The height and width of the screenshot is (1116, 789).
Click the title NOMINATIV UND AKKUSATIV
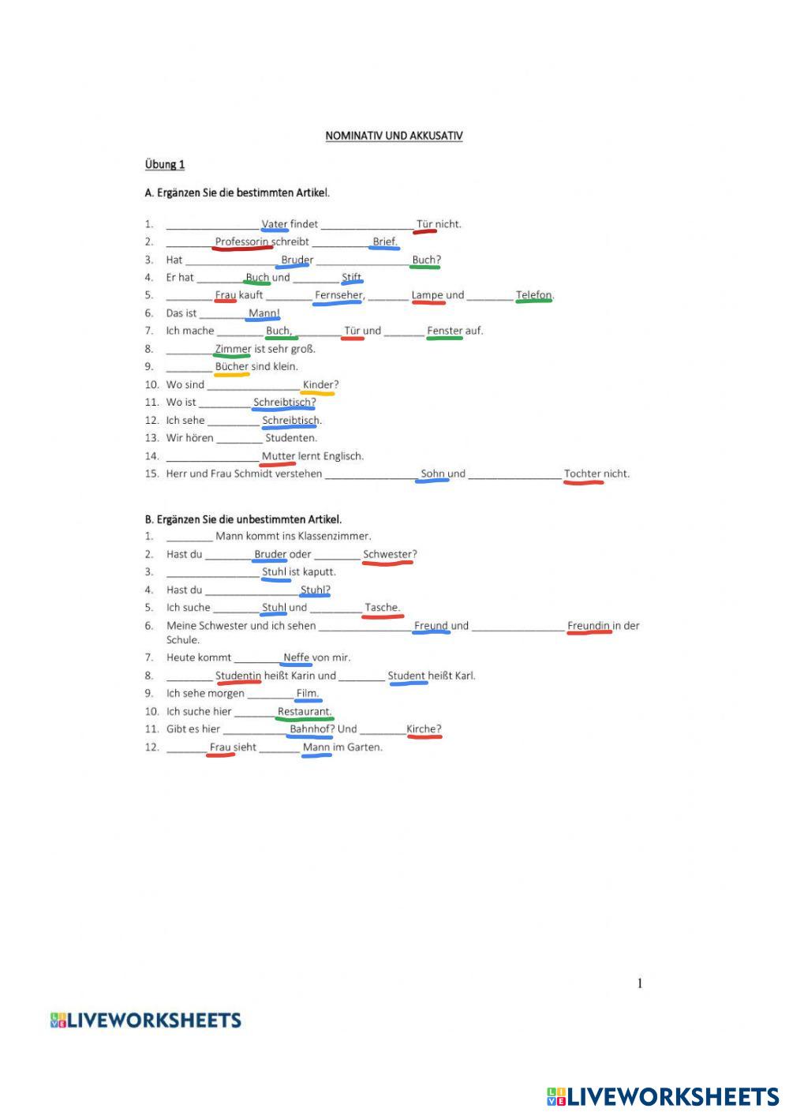[394, 136]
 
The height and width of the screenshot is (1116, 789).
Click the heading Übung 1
[165, 164]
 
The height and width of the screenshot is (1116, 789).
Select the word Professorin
[241, 242]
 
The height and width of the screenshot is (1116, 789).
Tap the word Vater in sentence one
[275, 224]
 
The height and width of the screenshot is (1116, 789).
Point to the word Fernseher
[339, 295]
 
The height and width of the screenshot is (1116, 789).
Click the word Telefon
[534, 295]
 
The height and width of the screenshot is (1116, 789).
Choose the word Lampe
[428, 295]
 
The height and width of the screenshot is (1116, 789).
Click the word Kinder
[318, 384]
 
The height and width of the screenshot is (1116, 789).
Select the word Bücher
[232, 366]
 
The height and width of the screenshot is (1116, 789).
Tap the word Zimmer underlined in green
[233, 349]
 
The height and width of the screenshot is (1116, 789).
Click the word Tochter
[582, 474]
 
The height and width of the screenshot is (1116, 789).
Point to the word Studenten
[291, 438]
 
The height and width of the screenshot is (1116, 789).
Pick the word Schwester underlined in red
[387, 554]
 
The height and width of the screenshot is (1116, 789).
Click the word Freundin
[589, 626]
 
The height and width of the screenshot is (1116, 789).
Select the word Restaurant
[304, 711]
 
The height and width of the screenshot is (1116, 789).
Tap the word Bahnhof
[310, 729]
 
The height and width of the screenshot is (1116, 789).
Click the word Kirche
[423, 729]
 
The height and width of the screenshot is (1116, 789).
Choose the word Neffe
[296, 657]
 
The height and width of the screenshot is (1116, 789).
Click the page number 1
[640, 983]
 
